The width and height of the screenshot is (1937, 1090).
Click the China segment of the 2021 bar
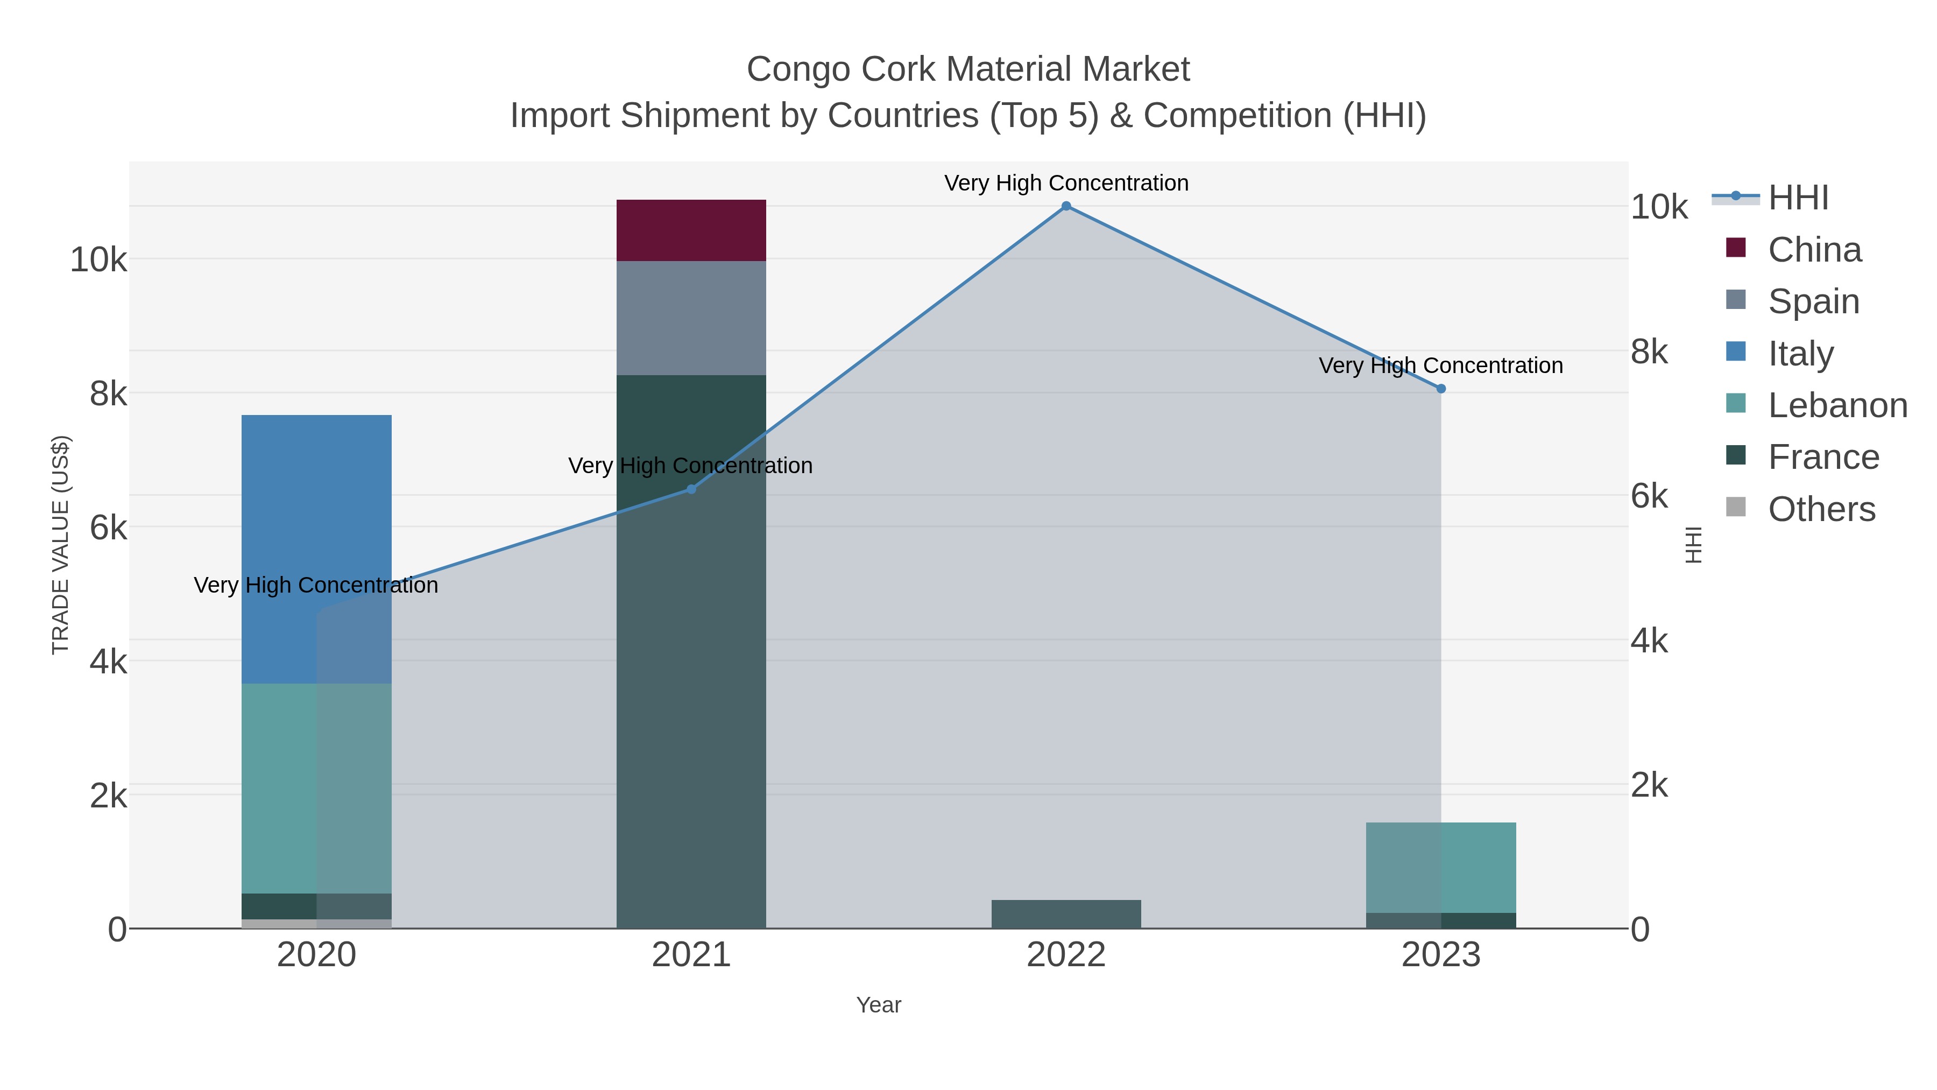click(691, 230)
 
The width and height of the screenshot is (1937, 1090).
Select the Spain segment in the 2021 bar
click(691, 318)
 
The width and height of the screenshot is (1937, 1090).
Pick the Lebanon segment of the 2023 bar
click(1441, 867)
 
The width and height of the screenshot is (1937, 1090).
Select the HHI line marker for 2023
click(1441, 389)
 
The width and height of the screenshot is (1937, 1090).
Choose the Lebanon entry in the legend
click(1837, 405)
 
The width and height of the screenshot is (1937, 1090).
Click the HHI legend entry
click(1797, 198)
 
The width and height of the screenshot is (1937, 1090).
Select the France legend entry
click(1823, 458)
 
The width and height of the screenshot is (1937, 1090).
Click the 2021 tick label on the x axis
click(691, 955)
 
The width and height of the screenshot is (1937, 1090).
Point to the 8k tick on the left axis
click(108, 393)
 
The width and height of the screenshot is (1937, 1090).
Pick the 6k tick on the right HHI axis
click(1649, 496)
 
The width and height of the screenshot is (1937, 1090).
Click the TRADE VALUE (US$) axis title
click(61, 545)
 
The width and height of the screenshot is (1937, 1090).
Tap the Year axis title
click(878, 1005)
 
